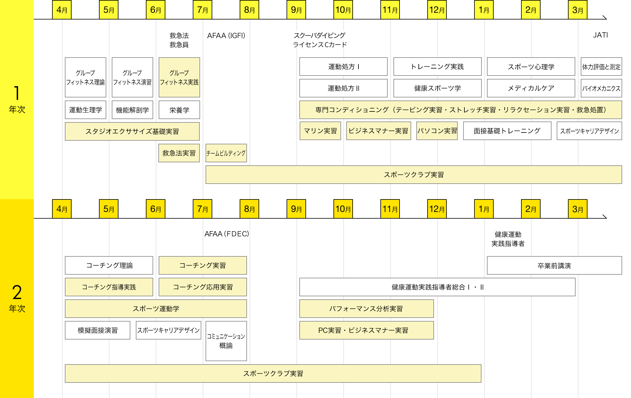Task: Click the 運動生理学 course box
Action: [86, 110]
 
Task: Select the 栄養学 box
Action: [179, 110]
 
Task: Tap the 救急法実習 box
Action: [179, 153]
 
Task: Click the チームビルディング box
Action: [226, 153]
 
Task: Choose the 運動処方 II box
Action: [343, 88]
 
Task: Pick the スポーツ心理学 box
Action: [531, 67]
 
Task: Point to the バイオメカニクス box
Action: [601, 88]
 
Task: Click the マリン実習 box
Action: [320, 131]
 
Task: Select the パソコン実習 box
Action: [437, 131]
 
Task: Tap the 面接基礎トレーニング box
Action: [507, 131]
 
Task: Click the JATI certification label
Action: [600, 35]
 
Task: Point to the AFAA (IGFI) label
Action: [226, 36]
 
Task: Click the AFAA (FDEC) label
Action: [227, 234]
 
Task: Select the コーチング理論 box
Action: [109, 265]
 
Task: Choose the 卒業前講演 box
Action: [554, 266]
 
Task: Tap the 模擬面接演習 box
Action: [97, 330]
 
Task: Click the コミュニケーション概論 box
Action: [226, 341]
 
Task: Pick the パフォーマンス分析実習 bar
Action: [366, 308]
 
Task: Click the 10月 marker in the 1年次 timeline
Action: [343, 10]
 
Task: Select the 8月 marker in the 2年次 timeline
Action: [249, 209]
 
